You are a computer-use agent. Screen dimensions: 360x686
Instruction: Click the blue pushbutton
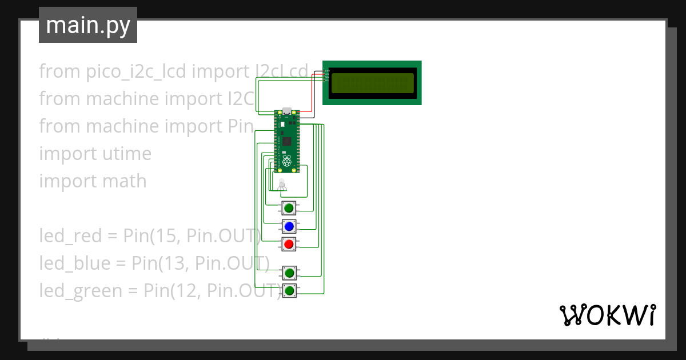point(289,226)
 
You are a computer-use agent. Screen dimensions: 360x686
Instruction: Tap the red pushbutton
point(289,245)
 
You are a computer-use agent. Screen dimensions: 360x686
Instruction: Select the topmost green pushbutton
point(289,208)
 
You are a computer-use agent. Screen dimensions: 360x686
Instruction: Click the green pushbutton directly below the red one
point(289,273)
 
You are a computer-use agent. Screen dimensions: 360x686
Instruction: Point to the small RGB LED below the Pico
point(281,184)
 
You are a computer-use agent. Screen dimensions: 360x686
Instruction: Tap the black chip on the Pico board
point(286,141)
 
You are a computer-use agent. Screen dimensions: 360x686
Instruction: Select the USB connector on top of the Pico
point(286,111)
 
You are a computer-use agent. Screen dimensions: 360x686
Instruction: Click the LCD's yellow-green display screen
point(372,83)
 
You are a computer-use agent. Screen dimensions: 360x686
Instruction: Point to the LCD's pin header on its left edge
point(326,75)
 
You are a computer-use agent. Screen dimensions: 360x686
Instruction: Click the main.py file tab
point(88,25)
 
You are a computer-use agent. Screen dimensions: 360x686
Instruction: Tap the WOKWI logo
point(607,315)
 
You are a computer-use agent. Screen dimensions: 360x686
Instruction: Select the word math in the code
point(125,181)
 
